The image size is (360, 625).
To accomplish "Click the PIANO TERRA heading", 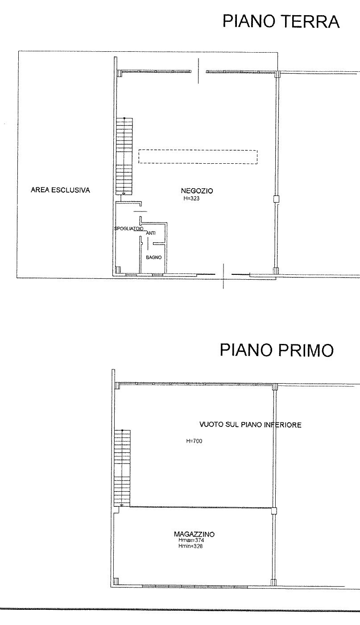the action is point(281,21).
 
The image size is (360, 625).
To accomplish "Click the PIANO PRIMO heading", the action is point(277,350).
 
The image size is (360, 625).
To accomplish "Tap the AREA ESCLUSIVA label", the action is point(60,190).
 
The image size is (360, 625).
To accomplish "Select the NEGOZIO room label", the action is point(197,191).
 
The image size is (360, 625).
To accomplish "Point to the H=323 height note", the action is point(191,199).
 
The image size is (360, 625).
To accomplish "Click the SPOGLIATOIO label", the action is point(128,228).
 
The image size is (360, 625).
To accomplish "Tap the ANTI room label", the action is point(151,233).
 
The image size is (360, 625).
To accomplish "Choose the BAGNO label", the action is point(154,257).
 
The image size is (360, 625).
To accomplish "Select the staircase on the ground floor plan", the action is point(124,156).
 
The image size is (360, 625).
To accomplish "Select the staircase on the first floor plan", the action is point(122,468).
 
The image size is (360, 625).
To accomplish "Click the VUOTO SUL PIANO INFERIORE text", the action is point(250,425).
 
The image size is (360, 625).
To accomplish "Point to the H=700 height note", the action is point(194,441).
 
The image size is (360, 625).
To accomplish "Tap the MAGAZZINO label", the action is point(194,534).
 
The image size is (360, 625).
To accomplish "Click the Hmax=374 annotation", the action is point(191,540).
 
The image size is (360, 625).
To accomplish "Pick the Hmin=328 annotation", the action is point(190,546).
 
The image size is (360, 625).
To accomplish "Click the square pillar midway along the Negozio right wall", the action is point(276,199).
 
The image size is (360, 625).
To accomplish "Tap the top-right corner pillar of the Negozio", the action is point(277,74).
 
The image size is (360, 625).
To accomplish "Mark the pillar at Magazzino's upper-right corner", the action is point(274,511).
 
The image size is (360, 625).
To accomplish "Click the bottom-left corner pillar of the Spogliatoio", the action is point(118,270).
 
